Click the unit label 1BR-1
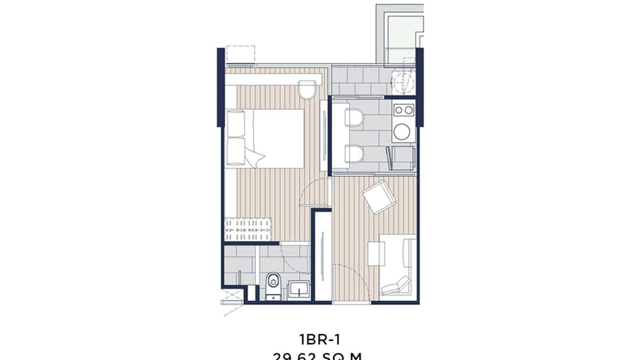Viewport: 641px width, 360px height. pos(320,340)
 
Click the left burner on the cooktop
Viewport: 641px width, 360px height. pos(398,110)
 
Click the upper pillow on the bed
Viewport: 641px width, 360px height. pos(235,123)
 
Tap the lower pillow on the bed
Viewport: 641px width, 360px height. pos(235,151)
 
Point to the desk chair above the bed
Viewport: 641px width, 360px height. pos(308,89)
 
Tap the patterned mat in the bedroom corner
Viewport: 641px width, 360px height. pos(248,229)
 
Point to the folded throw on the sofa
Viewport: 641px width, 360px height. pos(395,285)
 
